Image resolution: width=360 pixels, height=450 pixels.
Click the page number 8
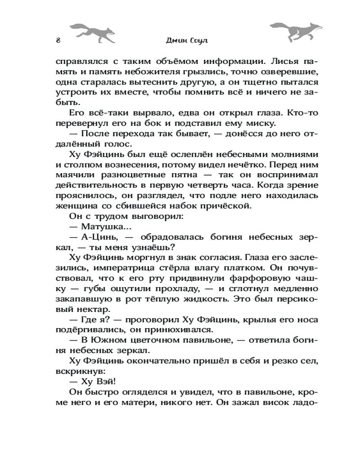click(58, 40)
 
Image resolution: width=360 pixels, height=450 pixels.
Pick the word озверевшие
click(278, 72)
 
